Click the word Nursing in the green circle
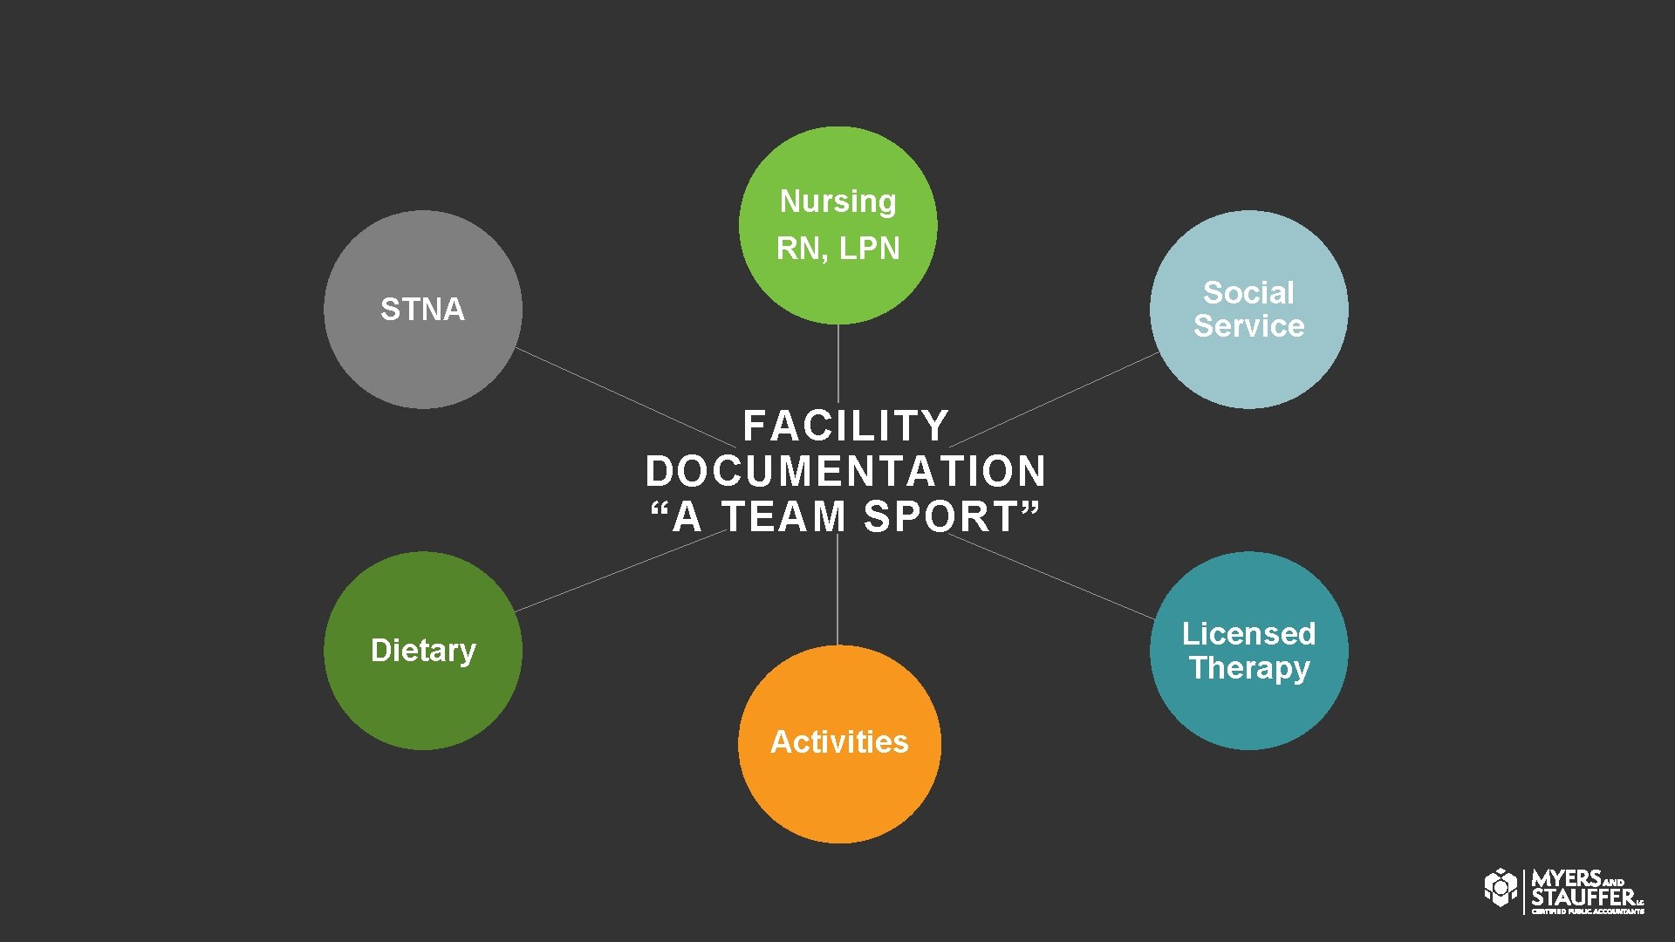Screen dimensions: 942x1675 pos(837,201)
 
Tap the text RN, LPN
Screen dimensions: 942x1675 pos(837,249)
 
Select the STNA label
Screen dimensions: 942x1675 pos(422,310)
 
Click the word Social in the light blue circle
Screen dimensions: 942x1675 pos(1248,293)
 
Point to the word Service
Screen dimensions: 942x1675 pos(1248,326)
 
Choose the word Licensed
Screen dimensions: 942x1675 pos(1248,634)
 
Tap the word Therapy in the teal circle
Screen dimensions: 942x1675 pos(1248,668)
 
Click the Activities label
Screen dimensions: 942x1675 pos(839,742)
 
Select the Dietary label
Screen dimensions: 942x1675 pos(423,651)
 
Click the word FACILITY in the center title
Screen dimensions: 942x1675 pos(845,427)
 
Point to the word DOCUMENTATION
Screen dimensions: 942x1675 pos(845,472)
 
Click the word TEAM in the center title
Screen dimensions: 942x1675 pos(783,517)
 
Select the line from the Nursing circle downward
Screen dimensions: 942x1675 pos(838,362)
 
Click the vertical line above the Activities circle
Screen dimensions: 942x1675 pos(837,593)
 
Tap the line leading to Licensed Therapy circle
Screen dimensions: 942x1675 pos(1051,577)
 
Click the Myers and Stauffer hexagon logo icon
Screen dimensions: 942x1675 pos(1501,888)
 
